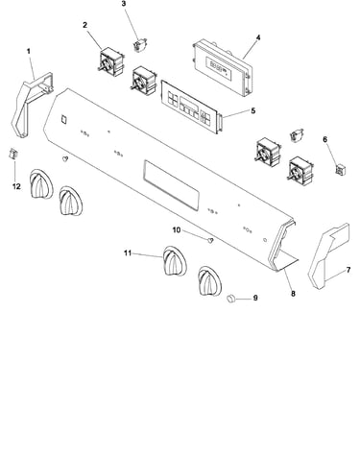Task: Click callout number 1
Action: click(29, 51)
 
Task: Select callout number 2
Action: click(84, 25)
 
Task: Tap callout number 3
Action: click(124, 4)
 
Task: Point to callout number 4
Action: click(258, 37)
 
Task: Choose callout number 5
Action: click(253, 111)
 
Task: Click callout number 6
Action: click(325, 139)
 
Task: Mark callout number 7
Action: click(348, 270)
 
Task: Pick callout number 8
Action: click(293, 293)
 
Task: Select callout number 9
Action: click(255, 298)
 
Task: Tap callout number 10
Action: click(177, 230)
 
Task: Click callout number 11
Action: click(128, 253)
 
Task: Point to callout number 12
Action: click(16, 186)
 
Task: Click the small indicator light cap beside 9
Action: click(230, 299)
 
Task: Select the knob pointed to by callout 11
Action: click(175, 261)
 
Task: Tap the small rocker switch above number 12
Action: click(12, 154)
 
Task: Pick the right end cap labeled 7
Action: click(328, 256)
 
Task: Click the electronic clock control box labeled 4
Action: click(223, 67)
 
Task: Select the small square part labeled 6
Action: click(341, 169)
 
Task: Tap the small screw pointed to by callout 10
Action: click(210, 240)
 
